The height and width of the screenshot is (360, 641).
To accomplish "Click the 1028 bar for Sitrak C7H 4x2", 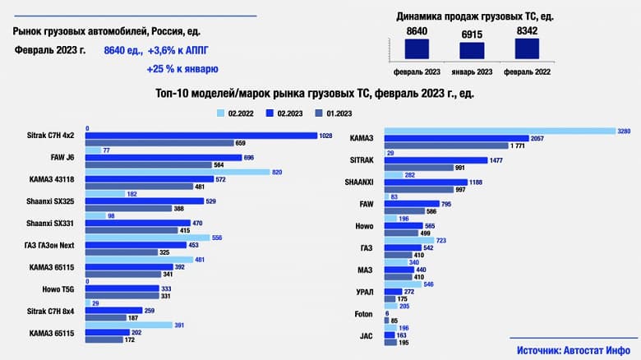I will pyautogui.click(x=201, y=136).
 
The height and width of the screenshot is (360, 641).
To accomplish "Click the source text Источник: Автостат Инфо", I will pyautogui.click(x=574, y=350).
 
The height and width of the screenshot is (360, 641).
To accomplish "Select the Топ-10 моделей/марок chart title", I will pyautogui.click(x=314, y=94).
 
